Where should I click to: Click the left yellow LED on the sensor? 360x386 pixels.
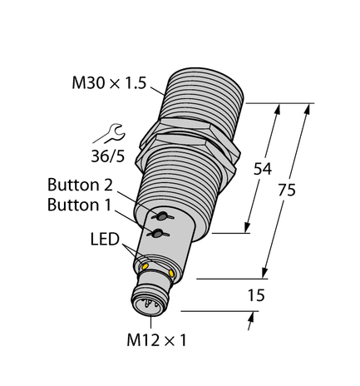[x=145, y=266]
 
